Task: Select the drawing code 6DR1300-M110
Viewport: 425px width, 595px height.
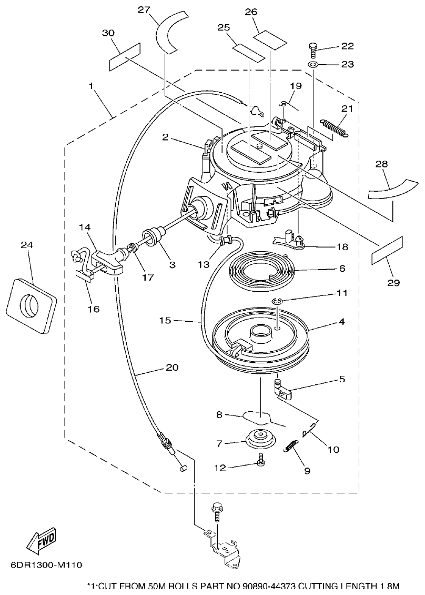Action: pyautogui.click(x=46, y=566)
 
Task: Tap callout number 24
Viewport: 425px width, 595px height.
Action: pyautogui.click(x=27, y=244)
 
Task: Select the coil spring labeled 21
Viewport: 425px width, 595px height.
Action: pyautogui.click(x=334, y=128)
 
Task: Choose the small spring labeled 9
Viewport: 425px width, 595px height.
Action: pyautogui.click(x=290, y=447)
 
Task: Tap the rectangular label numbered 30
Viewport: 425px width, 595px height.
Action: pyautogui.click(x=125, y=56)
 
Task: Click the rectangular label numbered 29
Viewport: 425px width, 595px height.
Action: pyautogui.click(x=387, y=251)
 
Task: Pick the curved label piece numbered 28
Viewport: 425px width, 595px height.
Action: pyautogui.click(x=390, y=187)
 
